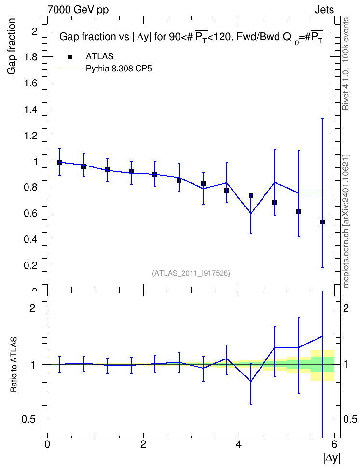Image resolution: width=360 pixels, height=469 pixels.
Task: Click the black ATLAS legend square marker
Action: tap(70, 57)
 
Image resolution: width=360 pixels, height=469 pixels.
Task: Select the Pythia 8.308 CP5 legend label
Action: tap(119, 69)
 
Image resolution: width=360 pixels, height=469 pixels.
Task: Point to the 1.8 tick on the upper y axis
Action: tap(31, 57)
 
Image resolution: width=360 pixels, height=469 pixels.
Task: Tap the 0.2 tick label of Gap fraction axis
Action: tap(31, 265)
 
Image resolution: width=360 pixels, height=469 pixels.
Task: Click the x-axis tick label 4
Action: tap(239, 444)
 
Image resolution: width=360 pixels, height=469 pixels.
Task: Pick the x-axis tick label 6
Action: tap(334, 444)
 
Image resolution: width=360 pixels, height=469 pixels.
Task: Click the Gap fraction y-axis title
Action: tap(11, 46)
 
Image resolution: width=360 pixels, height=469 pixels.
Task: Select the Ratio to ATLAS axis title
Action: tap(14, 365)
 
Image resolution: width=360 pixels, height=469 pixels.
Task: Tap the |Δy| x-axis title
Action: tap(332, 458)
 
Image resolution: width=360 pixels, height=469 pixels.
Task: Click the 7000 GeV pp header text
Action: tap(78, 10)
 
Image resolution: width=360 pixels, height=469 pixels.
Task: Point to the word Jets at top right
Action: tap(324, 10)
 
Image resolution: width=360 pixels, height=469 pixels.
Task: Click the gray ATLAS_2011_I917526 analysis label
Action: tap(191, 273)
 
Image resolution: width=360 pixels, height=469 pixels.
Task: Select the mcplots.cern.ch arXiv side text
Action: tap(346, 221)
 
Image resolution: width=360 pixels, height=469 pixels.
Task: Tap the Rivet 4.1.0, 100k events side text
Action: tap(346, 64)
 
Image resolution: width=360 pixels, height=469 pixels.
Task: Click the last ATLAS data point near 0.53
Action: tap(322, 222)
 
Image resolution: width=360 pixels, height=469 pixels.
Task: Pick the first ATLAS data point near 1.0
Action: tap(59, 162)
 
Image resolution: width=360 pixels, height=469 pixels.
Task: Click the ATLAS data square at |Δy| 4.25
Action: tap(251, 195)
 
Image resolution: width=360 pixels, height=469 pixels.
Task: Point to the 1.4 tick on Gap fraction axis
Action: tap(31, 109)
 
